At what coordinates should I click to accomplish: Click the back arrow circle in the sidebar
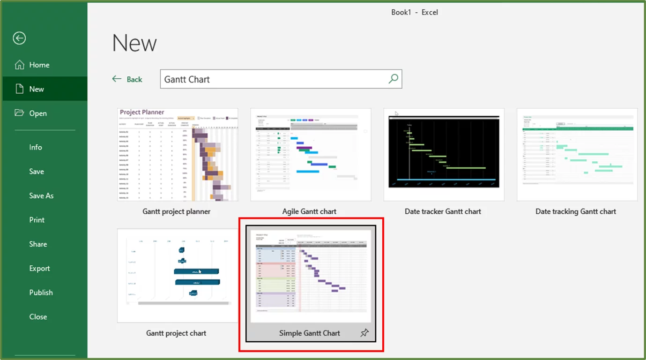click(19, 38)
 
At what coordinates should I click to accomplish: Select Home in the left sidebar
click(39, 65)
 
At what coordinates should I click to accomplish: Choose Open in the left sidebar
click(37, 113)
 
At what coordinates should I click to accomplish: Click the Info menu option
click(36, 147)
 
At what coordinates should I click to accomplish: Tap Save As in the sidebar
click(41, 196)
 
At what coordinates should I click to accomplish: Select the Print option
click(37, 220)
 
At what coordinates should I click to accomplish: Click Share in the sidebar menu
click(38, 244)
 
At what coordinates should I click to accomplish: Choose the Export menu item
click(39, 269)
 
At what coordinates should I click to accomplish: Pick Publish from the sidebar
click(41, 292)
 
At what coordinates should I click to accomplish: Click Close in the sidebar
click(38, 317)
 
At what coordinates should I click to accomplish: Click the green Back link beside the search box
click(127, 79)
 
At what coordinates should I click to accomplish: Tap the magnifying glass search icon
click(394, 79)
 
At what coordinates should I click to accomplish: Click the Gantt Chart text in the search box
click(187, 79)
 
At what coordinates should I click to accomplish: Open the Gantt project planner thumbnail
click(178, 155)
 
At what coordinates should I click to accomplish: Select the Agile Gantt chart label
click(309, 211)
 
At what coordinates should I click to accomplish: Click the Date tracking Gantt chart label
click(575, 211)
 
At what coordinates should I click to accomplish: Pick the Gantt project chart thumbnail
click(178, 275)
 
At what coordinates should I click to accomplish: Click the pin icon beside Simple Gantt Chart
click(364, 333)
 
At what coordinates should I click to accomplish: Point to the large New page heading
click(134, 44)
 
